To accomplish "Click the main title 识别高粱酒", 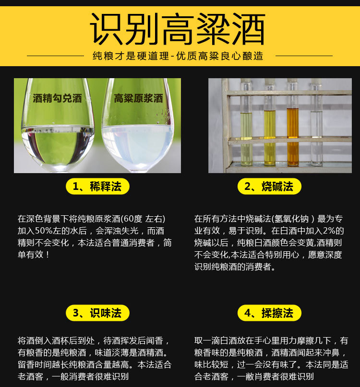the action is point(178,29).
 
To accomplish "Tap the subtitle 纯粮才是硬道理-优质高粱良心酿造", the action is point(178,56).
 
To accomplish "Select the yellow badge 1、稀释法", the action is point(97,187).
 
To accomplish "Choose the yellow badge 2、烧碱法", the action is point(269,187).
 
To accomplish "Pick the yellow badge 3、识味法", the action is point(97,313).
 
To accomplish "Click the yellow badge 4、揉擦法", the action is point(269,313).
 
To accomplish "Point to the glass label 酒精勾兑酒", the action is point(57,98).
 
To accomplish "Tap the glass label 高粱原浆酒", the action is point(138,98).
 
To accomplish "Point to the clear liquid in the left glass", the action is point(58,146).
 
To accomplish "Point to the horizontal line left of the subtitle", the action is point(55,56).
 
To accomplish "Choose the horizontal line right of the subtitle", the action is point(304,56).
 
